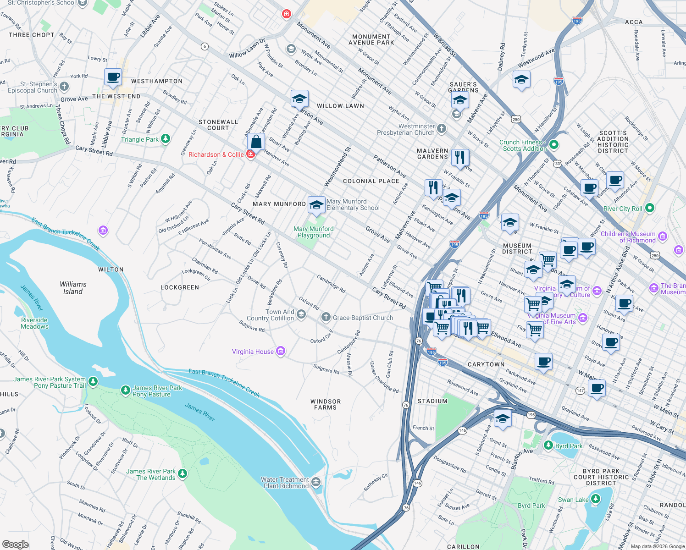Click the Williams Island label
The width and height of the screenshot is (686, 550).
tap(73, 288)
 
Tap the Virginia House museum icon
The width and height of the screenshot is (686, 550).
tap(281, 352)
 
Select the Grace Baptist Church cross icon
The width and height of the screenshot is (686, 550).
tap(326, 317)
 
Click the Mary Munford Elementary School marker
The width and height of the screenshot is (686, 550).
tap(316, 205)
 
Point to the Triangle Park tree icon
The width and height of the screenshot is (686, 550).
tap(166, 138)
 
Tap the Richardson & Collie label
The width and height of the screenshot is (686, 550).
tap(216, 154)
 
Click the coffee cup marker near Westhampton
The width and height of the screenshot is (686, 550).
tap(113, 77)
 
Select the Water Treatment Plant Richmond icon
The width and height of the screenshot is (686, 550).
tap(316, 482)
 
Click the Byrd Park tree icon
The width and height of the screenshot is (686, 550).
tap(548, 445)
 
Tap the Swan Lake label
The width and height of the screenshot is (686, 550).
tap(573, 500)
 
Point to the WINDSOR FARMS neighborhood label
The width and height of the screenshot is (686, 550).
tap(326, 404)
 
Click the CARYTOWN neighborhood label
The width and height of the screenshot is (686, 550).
tap(486, 364)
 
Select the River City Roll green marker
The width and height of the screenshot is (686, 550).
tap(649, 208)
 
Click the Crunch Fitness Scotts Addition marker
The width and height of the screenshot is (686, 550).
tap(554, 145)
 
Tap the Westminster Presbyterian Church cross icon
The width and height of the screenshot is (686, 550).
tap(441, 129)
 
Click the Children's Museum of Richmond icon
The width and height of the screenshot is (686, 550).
tap(662, 236)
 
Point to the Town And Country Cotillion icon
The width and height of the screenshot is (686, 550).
tap(301, 314)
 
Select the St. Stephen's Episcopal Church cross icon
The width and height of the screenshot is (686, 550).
tap(64, 86)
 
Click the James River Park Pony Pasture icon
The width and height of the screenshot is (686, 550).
tap(125, 390)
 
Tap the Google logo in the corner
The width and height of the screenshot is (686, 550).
tap(16, 544)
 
